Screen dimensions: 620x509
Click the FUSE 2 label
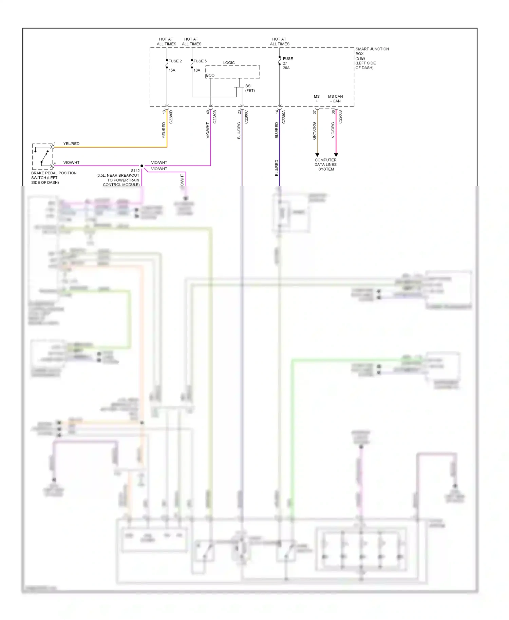[175, 61]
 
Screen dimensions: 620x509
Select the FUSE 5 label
[200, 61]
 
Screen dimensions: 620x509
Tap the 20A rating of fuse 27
[286, 68]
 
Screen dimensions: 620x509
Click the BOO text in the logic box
[210, 75]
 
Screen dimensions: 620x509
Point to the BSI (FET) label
[250, 88]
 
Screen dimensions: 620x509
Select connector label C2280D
[171, 117]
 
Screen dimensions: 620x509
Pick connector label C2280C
[246, 117]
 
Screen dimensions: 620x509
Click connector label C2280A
[284, 117]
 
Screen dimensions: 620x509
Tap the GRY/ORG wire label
[314, 131]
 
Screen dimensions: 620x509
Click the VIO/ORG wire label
[333, 130]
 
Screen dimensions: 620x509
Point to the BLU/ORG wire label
[239, 131]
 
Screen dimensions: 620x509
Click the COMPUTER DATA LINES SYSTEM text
[326, 164]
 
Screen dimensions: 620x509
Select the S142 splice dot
[142, 166]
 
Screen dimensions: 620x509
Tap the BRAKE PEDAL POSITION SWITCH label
[54, 178]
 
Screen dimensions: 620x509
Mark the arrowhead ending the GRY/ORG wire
[317, 155]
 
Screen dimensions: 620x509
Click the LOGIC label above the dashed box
[229, 63]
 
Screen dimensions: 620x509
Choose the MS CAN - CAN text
[335, 99]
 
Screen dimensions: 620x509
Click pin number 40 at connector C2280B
[208, 112]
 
